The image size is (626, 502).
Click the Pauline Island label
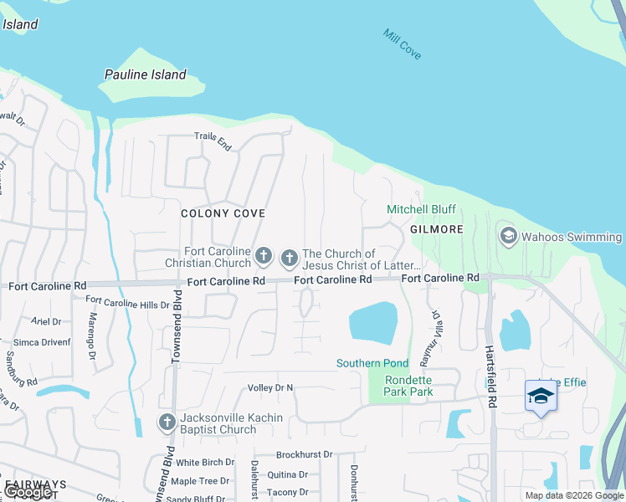[145, 74]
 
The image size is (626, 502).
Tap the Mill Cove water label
[402, 44]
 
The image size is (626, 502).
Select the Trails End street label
[213, 141]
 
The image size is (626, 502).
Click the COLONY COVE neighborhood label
[223, 213]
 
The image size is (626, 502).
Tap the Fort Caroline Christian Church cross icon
[264, 254]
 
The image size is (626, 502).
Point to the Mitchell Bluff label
[421, 209]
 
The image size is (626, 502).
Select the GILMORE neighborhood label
[437, 229]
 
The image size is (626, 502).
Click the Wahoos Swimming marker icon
[507, 237]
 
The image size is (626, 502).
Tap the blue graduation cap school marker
[541, 395]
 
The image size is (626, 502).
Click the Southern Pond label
[372, 363]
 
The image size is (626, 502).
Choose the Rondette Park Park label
[408, 386]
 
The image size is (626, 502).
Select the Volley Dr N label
[270, 387]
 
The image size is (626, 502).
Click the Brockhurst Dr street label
[304, 454]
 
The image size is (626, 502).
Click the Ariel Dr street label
[46, 321]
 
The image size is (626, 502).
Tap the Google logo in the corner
[28, 492]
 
